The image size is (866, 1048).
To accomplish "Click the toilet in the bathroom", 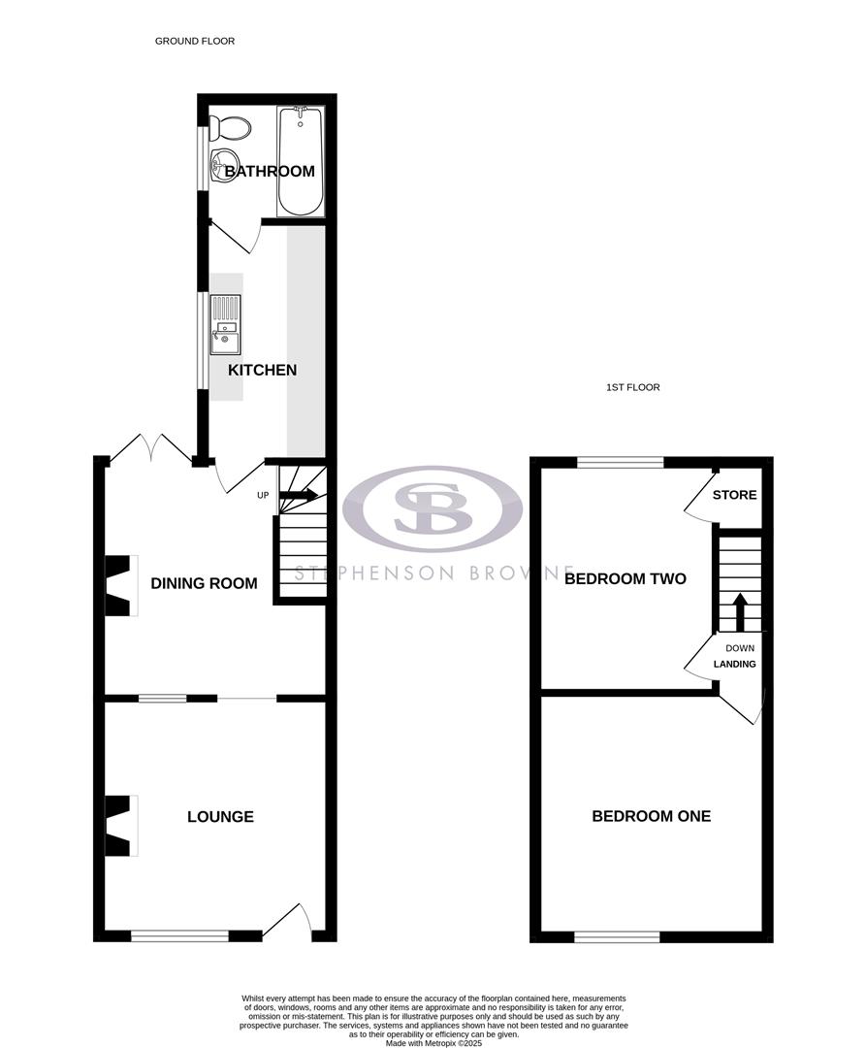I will [x=230, y=127].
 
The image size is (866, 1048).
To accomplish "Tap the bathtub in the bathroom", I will [x=300, y=160].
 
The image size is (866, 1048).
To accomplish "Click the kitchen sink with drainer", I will [x=225, y=326].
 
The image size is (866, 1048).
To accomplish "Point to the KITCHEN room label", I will [x=262, y=370].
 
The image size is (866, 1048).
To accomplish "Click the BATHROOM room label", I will [x=270, y=172].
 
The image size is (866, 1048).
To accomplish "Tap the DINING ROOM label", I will [x=204, y=583].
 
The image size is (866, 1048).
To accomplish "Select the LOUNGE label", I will [x=220, y=817].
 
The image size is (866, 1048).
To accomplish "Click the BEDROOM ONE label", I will [x=651, y=816].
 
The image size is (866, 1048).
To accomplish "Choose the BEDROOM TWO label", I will [x=625, y=579].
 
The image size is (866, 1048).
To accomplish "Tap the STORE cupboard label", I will [x=734, y=495].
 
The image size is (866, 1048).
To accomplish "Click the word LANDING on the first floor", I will [x=734, y=665].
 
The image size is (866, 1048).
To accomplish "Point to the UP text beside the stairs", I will [x=263, y=496].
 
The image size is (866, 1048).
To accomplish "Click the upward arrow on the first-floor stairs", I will [x=739, y=611].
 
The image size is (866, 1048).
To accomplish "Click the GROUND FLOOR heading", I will [x=195, y=42].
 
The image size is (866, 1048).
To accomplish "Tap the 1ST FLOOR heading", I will [x=632, y=387].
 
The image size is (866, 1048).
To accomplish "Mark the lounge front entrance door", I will [x=288, y=923].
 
